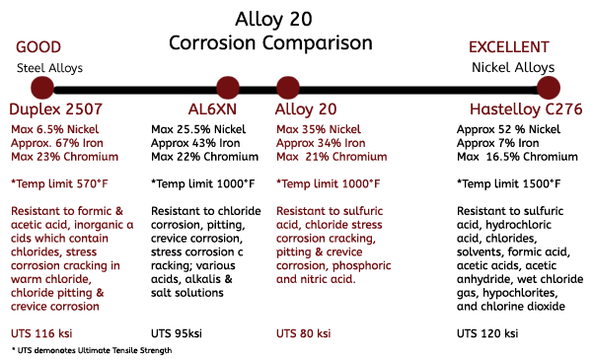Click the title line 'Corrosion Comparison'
[x=270, y=43]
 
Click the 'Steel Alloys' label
[x=48, y=68]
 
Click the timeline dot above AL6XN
[x=228, y=89]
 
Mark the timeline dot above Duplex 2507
[x=27, y=89]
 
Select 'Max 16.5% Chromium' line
[x=517, y=157]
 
